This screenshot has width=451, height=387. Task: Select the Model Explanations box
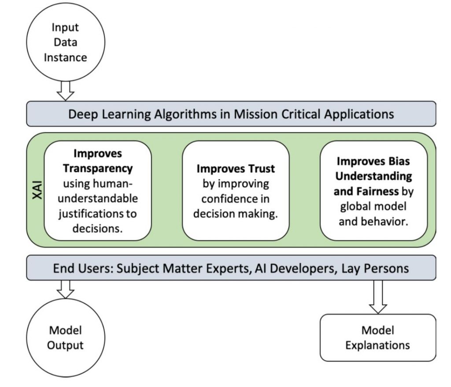(x=377, y=337)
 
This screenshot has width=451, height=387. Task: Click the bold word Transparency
(x=98, y=168)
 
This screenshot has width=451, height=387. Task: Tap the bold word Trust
(x=260, y=169)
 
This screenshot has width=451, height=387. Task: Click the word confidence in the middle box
(x=236, y=199)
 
